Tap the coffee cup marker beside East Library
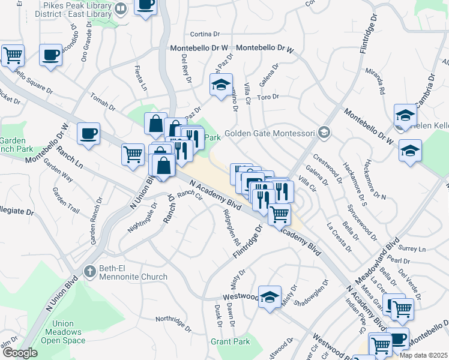pos(145,6)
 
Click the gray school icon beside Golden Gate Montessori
pos(324,132)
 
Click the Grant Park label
pos(230,341)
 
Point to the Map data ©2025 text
pos(423,355)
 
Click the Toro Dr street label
pos(268,97)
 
